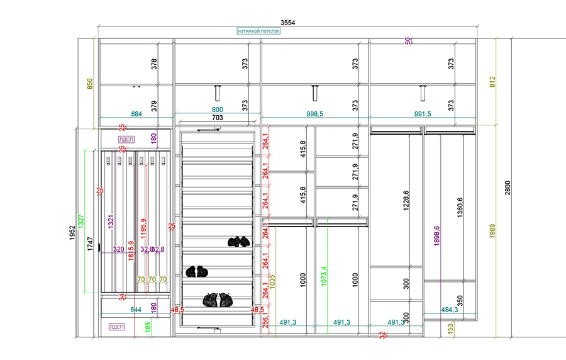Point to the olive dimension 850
coord(89,84)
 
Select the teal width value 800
coord(217,110)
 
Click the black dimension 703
coord(217,117)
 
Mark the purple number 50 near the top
coord(408,41)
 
